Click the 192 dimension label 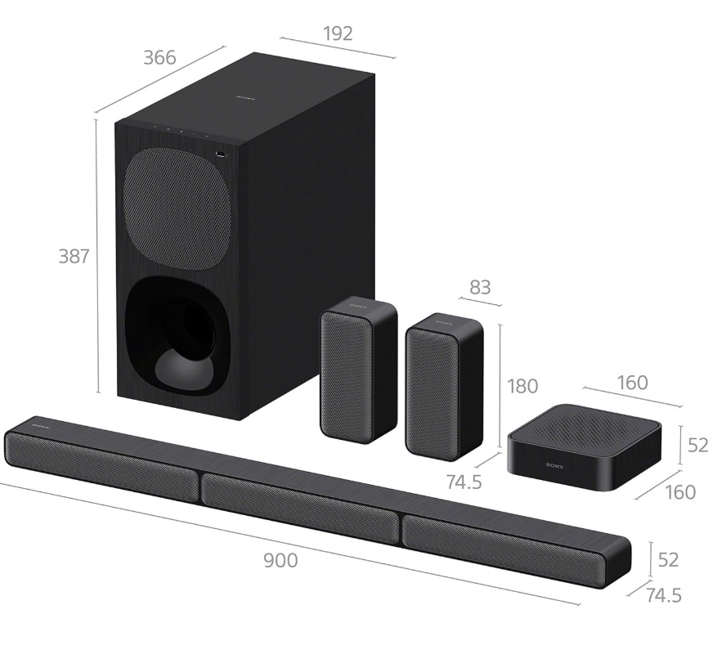338,34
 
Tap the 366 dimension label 159,57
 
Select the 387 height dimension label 74,256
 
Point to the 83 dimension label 480,287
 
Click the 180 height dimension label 522,386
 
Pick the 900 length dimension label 280,560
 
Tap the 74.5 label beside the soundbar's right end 664,595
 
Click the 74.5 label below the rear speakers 464,482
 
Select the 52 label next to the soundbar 668,559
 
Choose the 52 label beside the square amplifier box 698,445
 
